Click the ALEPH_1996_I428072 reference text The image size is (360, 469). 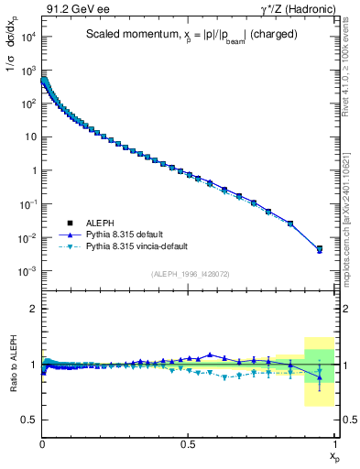click(190, 274)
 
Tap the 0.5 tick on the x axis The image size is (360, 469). click(188, 442)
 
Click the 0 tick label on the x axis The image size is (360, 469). click(42, 442)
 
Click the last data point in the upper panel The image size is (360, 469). click(320, 248)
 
